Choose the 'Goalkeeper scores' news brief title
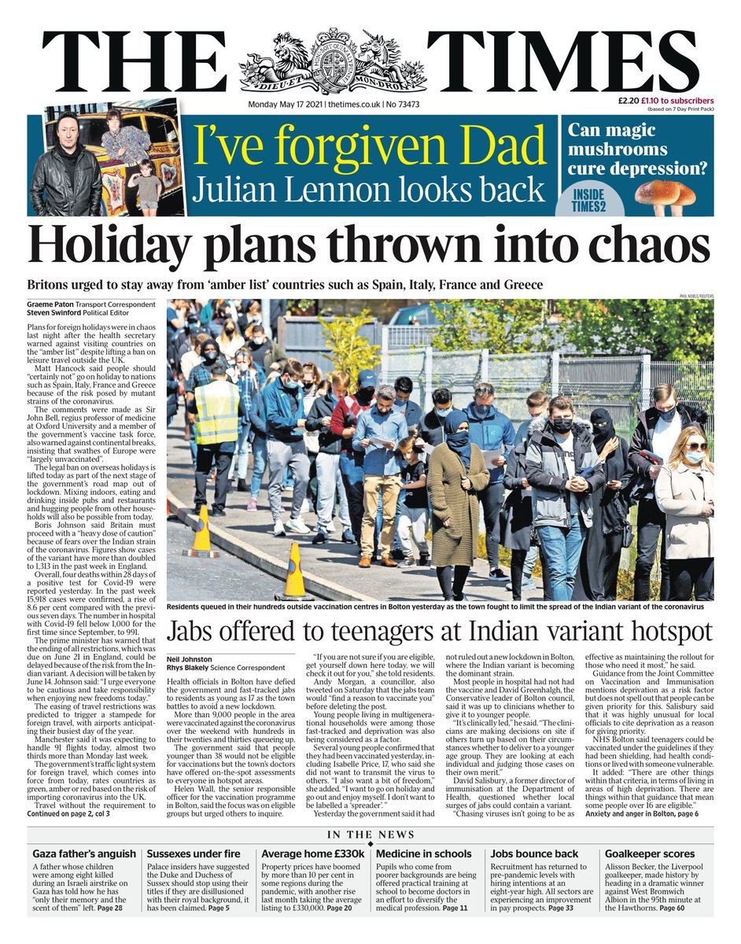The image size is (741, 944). coord(649,854)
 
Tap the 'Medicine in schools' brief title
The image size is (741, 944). coord(424,854)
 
